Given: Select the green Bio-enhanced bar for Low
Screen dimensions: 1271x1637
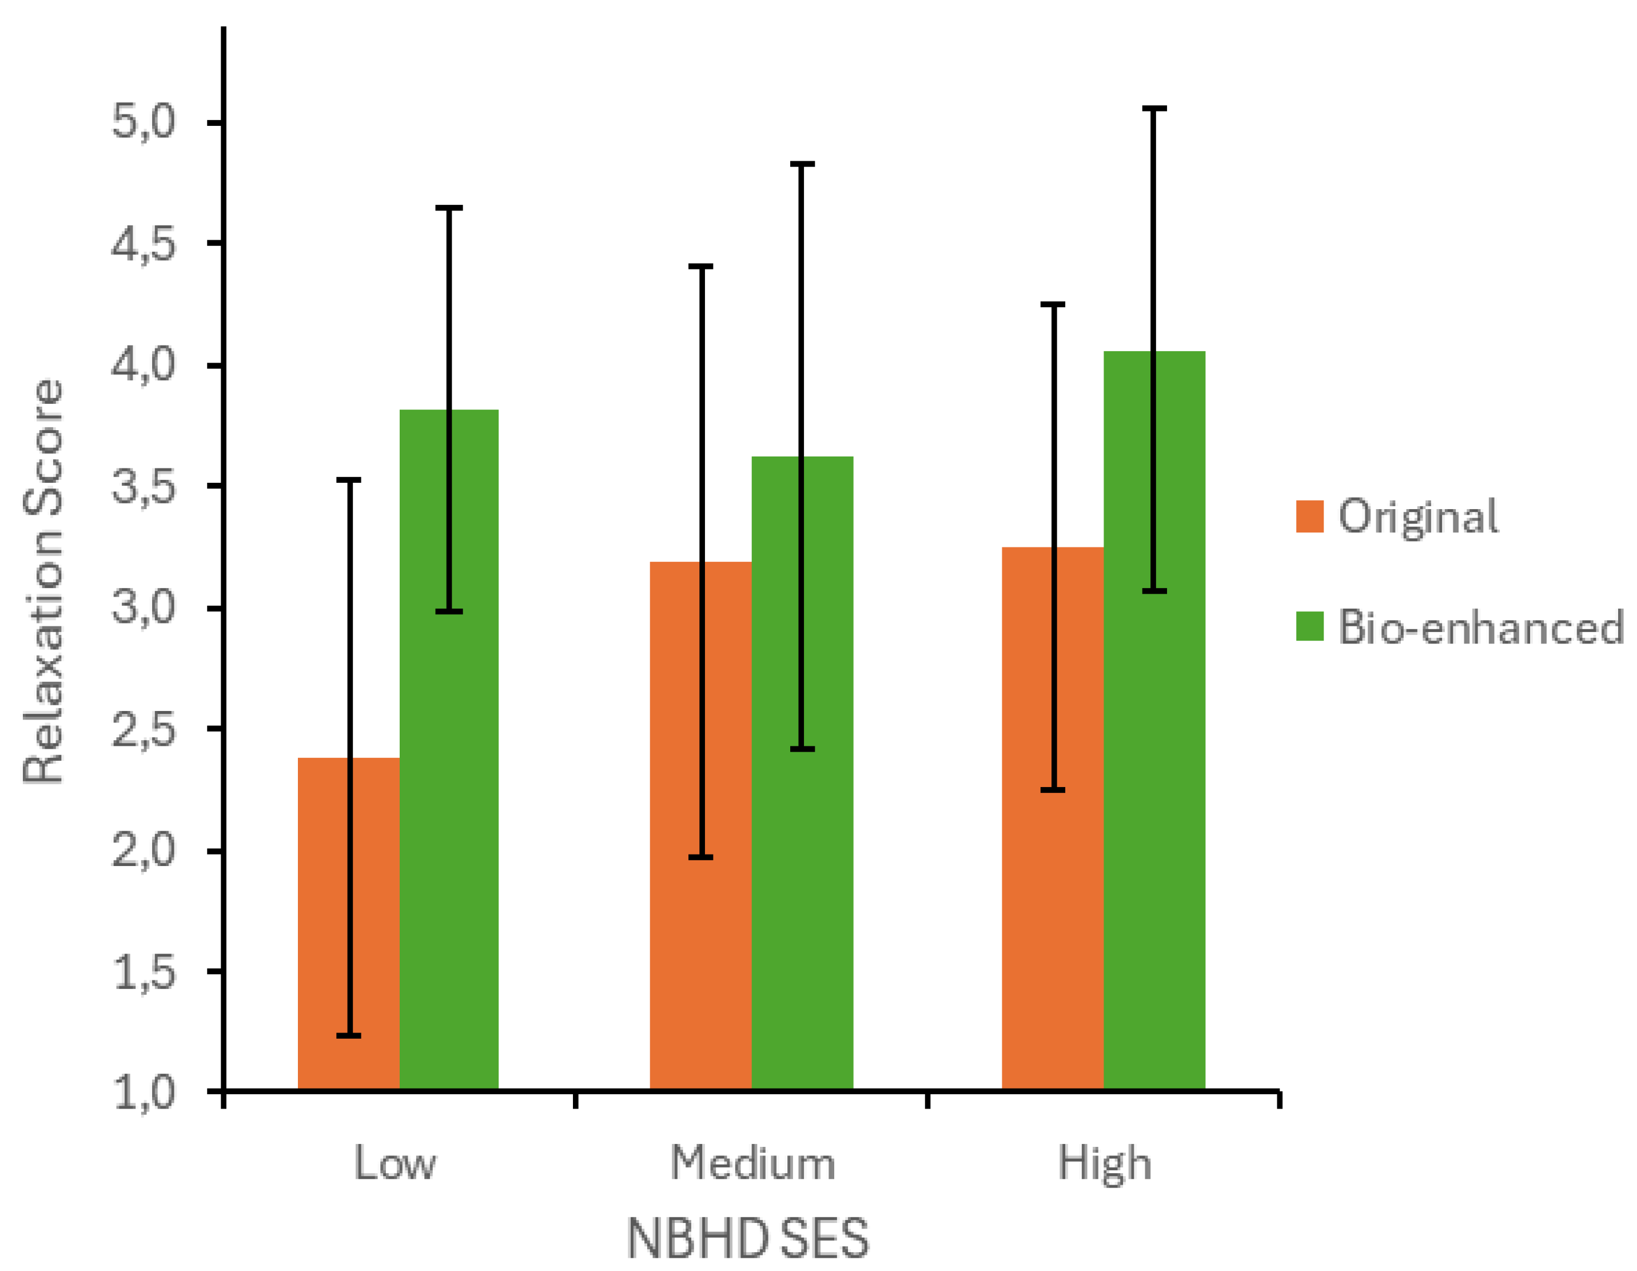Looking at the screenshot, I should (472, 750).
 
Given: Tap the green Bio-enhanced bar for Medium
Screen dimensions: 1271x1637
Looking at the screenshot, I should (825, 772).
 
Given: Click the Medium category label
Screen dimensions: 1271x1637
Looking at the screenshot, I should (752, 1164).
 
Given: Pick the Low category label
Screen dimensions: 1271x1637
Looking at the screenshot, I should (395, 1164).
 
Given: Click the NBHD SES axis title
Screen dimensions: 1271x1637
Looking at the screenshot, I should (747, 1240).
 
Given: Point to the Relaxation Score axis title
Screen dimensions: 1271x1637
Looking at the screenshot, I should (43, 582).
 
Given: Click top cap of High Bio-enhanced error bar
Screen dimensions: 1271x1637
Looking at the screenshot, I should (1154, 109).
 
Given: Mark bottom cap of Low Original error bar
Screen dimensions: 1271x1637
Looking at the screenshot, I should (349, 1035).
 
